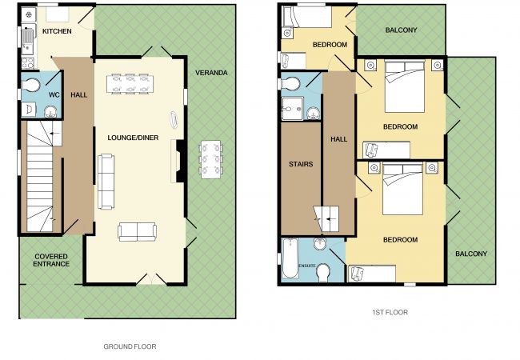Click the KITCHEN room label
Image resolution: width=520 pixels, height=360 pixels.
pyautogui.click(x=57, y=31)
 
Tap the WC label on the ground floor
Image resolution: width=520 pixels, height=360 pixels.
pyautogui.click(x=54, y=95)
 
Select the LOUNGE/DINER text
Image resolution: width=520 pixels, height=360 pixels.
pyautogui.click(x=133, y=138)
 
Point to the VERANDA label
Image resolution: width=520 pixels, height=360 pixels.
pyautogui.click(x=211, y=73)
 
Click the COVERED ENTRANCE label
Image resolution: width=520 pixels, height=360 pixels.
pyautogui.click(x=51, y=260)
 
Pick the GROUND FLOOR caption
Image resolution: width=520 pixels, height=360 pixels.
pyautogui.click(x=130, y=346)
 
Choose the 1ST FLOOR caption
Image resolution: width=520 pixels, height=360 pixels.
pyautogui.click(x=390, y=312)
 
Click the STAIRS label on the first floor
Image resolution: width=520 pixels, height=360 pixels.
pyautogui.click(x=301, y=164)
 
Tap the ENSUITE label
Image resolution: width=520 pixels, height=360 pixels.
pyautogui.click(x=307, y=266)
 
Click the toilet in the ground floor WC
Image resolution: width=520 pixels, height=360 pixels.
pyautogui.click(x=31, y=86)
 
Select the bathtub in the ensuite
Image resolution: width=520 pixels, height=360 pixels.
pyautogui.click(x=290, y=258)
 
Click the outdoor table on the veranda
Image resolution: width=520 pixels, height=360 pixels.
pyautogui.click(x=211, y=159)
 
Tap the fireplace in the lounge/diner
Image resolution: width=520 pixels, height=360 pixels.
pyautogui.click(x=179, y=161)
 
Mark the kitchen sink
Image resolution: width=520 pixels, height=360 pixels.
pyautogui.click(x=27, y=42)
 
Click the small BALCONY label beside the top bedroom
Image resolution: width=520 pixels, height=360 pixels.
pyautogui.click(x=401, y=30)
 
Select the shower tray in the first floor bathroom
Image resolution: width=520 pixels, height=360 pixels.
pyautogui.click(x=292, y=108)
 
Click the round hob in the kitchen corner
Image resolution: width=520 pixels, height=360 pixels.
pyautogui.click(x=29, y=14)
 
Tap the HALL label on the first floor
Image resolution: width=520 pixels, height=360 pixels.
pyautogui.click(x=339, y=139)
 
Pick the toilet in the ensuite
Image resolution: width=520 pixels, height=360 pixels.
pyautogui.click(x=323, y=273)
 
